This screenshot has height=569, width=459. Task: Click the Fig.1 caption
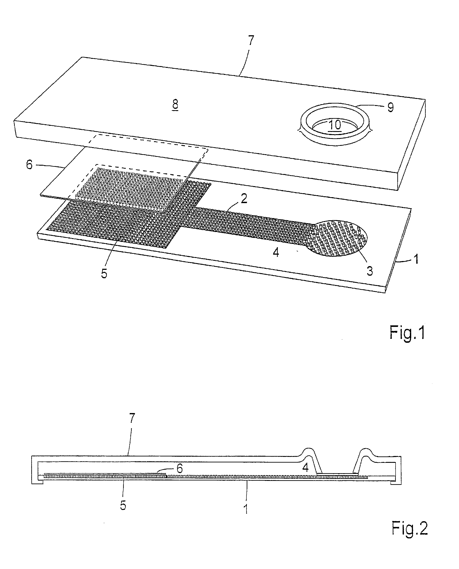click(x=407, y=333)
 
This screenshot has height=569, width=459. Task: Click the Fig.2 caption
click(x=409, y=528)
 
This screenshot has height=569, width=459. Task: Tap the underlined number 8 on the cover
click(x=175, y=104)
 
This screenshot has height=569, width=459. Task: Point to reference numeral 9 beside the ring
click(x=391, y=107)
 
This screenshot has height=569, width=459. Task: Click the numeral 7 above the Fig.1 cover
click(x=251, y=41)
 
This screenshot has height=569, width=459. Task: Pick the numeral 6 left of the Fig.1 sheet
click(x=29, y=165)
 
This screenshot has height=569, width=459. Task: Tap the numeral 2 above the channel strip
click(x=244, y=198)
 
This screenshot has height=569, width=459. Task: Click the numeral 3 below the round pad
click(x=370, y=271)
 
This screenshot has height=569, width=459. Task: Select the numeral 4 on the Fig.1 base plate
click(x=276, y=253)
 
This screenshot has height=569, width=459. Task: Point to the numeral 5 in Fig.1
click(x=104, y=274)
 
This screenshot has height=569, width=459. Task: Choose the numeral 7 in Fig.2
click(x=132, y=418)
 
